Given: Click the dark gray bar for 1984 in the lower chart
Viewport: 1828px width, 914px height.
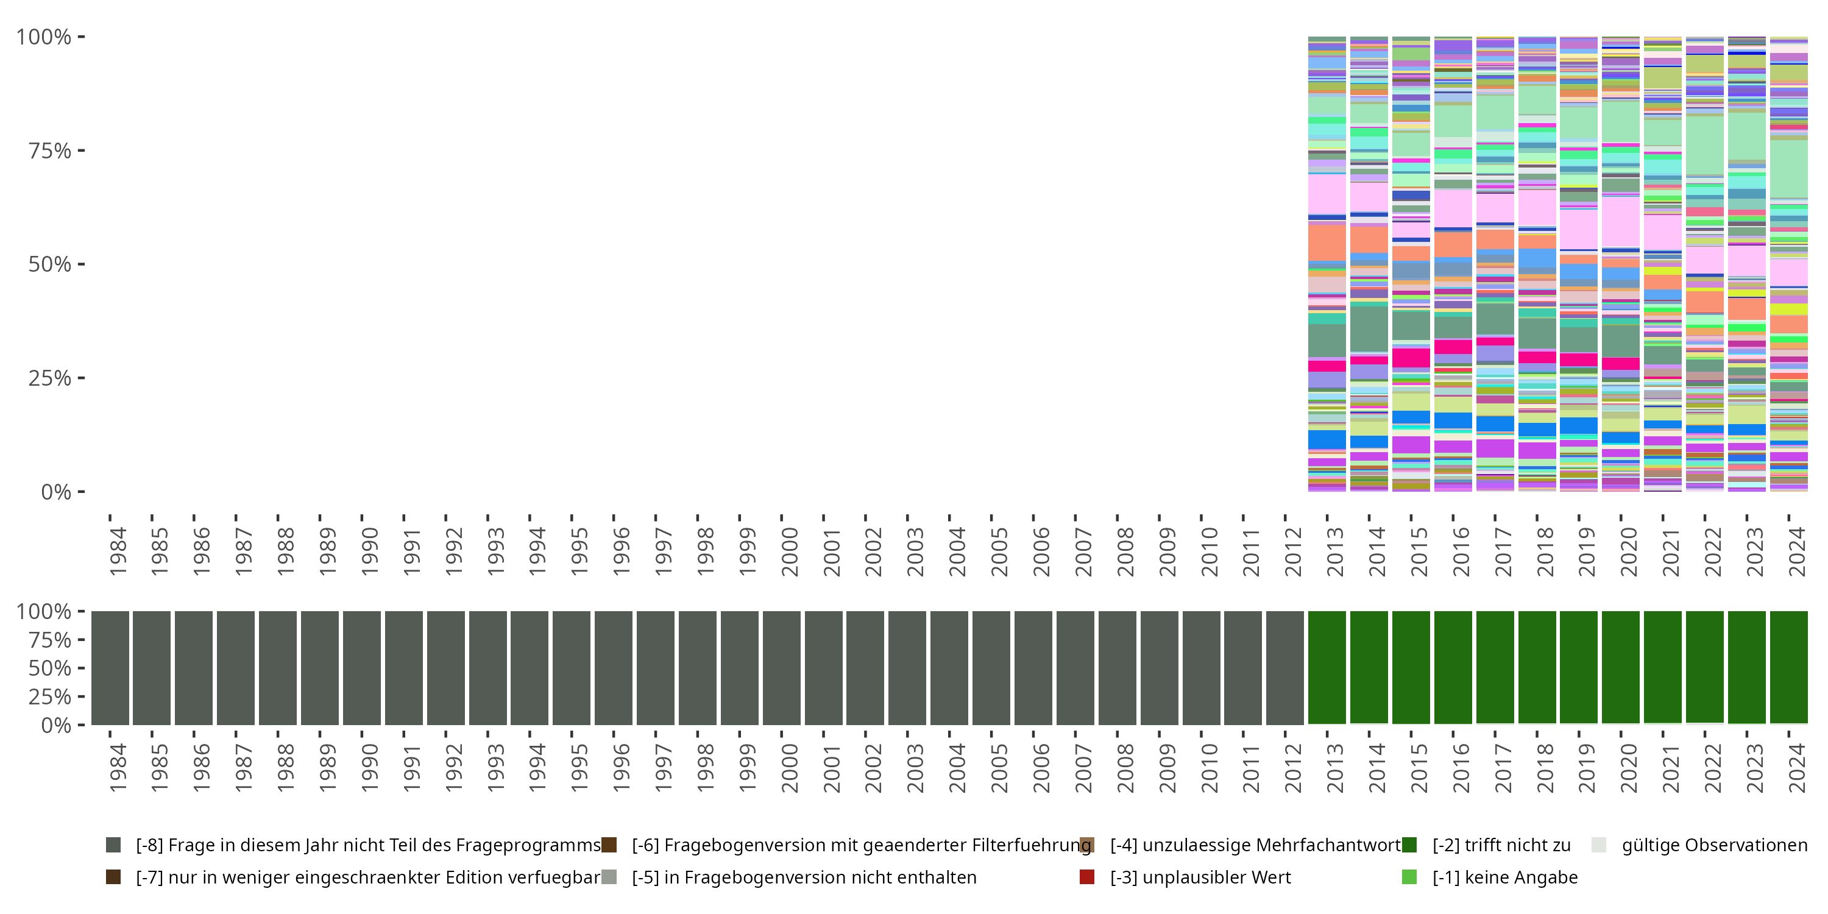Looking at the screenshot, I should tap(110, 667).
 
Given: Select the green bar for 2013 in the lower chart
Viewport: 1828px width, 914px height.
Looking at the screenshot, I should tap(1327, 667).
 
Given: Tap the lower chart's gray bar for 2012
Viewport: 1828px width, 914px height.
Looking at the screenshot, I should tap(1284, 667).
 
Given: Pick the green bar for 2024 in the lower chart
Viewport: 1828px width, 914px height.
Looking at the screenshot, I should tap(1788, 667).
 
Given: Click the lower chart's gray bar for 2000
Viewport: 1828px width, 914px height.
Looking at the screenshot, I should tap(781, 667).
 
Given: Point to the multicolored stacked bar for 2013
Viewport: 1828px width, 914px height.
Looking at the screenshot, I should tap(1327, 264).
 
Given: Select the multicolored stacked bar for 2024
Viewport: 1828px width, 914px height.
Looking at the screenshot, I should tap(1788, 264).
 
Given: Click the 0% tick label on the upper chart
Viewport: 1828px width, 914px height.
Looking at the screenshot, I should tap(56, 492).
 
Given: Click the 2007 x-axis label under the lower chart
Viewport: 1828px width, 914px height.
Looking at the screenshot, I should tap(1083, 768).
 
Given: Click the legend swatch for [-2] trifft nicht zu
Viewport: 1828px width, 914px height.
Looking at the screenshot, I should tap(1409, 845).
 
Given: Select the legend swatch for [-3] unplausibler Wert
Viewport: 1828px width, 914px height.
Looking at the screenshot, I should tap(1086, 877).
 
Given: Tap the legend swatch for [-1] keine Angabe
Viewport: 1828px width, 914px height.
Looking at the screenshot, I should tap(1409, 877).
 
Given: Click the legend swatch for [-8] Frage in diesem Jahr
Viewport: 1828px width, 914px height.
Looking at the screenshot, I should tap(113, 845).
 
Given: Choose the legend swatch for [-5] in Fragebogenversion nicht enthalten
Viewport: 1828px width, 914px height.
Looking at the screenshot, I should tap(609, 877).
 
